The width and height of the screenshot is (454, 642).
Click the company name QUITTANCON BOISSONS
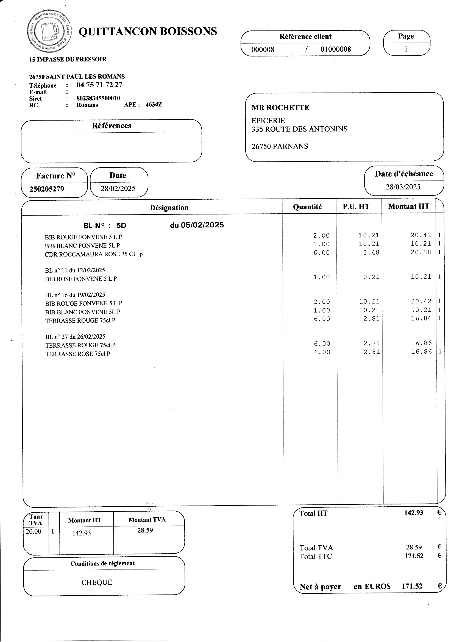click(148, 31)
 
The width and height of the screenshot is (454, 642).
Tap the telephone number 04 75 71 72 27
click(99, 85)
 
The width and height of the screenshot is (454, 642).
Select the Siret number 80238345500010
click(98, 98)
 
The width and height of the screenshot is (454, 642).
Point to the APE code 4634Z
click(154, 105)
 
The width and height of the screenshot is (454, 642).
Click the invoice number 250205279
click(47, 189)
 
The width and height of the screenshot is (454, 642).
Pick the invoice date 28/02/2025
click(118, 188)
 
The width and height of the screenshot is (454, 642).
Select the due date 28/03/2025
click(403, 187)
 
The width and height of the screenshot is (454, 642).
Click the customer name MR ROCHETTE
click(280, 108)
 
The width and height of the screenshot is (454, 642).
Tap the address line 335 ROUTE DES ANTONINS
click(299, 129)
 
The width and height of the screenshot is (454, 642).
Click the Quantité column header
click(307, 207)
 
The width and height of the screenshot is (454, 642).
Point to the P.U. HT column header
click(356, 207)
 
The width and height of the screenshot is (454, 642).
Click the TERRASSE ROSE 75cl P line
click(78, 354)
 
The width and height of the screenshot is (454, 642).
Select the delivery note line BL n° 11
click(75, 270)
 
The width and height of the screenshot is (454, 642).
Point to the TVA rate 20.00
click(34, 531)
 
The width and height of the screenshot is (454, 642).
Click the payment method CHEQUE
click(97, 582)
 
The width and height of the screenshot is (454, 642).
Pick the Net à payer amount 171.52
click(412, 586)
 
